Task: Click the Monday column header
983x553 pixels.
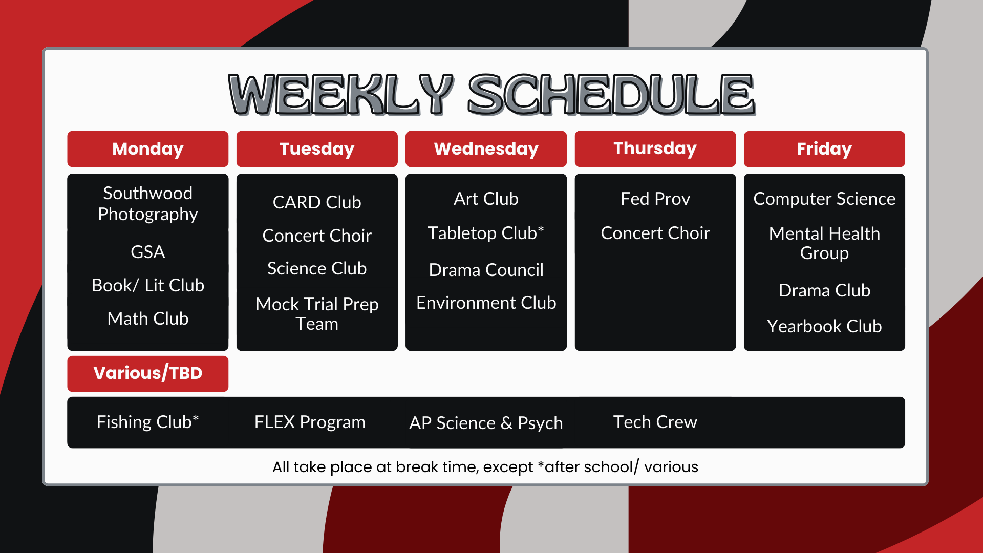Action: click(147, 149)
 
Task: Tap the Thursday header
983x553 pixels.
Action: click(655, 149)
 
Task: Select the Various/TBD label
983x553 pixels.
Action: click(147, 373)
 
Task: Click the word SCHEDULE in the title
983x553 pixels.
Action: click(611, 94)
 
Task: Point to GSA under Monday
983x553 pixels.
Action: click(147, 252)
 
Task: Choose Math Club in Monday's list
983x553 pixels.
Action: click(147, 318)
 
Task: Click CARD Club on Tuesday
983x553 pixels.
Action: click(317, 202)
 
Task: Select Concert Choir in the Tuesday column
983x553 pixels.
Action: click(317, 236)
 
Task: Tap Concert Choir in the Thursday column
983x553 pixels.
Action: click(655, 233)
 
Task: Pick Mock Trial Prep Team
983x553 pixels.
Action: click(317, 314)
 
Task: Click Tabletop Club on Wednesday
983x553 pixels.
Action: click(486, 233)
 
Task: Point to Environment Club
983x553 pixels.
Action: click(486, 303)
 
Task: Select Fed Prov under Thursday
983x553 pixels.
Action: click(655, 199)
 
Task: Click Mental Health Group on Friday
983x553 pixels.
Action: click(824, 243)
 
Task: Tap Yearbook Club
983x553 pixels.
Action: click(824, 326)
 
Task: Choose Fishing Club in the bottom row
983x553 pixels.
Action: click(147, 422)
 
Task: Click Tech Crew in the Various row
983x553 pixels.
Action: click(655, 422)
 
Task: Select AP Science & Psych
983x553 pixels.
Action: click(486, 423)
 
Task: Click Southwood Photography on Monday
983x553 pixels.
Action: click(147, 204)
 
